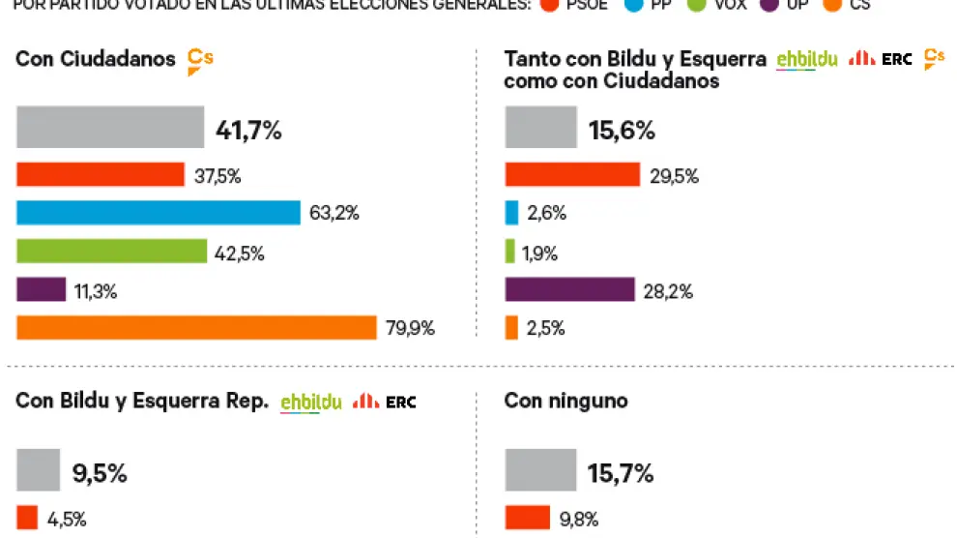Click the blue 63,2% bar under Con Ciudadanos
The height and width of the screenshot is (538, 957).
159,213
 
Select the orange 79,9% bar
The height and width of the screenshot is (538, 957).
196,328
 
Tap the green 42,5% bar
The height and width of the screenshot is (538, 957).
112,252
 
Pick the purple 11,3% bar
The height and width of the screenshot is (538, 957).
42,290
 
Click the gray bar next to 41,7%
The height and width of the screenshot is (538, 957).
110,128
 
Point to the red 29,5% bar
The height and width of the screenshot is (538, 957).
572,175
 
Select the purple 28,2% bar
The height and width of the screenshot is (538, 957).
569,290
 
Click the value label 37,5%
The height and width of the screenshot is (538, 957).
217,176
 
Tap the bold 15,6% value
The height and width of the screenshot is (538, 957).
621,130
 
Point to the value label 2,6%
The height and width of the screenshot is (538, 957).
546,214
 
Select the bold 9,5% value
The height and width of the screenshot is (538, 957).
100,473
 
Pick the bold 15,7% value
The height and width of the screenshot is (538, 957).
621,473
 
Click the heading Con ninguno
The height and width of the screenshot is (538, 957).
565,401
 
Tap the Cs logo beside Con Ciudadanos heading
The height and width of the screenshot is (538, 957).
199,60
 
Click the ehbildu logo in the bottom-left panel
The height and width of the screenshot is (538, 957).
310,403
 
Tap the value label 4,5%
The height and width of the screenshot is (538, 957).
67,520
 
